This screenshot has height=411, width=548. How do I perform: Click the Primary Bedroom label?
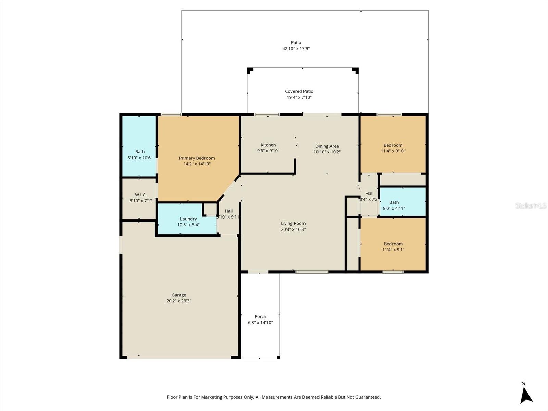[197, 158]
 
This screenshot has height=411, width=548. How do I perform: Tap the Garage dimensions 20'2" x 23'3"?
[179, 301]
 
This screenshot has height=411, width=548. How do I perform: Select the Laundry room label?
[188, 219]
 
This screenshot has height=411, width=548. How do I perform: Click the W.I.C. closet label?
[140, 195]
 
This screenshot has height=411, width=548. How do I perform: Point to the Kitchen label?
[268, 145]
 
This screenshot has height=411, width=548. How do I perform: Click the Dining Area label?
[327, 146]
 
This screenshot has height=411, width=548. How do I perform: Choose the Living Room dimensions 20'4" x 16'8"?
[293, 229]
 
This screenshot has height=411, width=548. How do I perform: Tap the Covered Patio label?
[299, 91]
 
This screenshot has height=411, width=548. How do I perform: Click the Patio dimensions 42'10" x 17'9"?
[296, 49]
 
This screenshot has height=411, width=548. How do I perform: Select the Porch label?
[260, 316]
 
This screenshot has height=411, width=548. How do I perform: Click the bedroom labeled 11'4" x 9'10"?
[393, 148]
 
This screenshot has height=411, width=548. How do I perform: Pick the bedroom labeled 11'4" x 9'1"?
[393, 247]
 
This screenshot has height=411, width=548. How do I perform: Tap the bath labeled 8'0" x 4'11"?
[394, 205]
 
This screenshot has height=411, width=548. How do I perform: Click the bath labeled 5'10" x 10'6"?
[140, 154]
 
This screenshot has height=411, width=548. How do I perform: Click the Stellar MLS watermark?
[531, 206]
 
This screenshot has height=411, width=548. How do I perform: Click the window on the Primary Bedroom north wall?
[171, 114]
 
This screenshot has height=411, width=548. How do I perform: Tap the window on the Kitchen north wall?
[267, 114]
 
